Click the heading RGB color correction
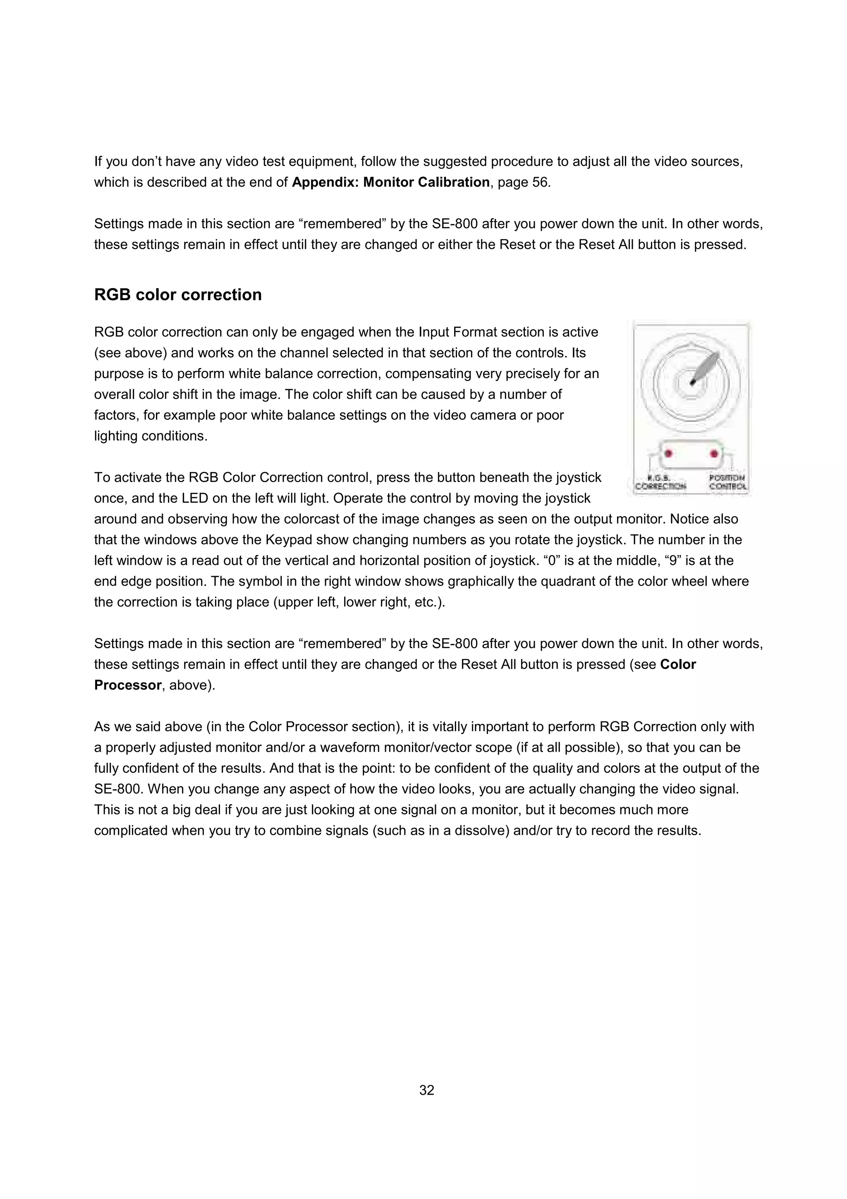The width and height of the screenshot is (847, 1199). pos(177,295)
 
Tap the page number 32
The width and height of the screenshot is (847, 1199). pos(426,1090)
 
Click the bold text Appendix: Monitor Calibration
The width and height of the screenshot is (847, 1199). pos(390,182)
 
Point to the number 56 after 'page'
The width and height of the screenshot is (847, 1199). pos(540,182)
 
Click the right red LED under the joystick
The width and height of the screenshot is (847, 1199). pos(713,453)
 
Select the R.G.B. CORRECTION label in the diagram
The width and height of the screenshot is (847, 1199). pos(660,482)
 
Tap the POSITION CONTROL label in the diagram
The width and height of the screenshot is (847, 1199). pos(727,482)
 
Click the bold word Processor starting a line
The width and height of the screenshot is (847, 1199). pos(128,685)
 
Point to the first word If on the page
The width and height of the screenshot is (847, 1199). pos(98,161)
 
